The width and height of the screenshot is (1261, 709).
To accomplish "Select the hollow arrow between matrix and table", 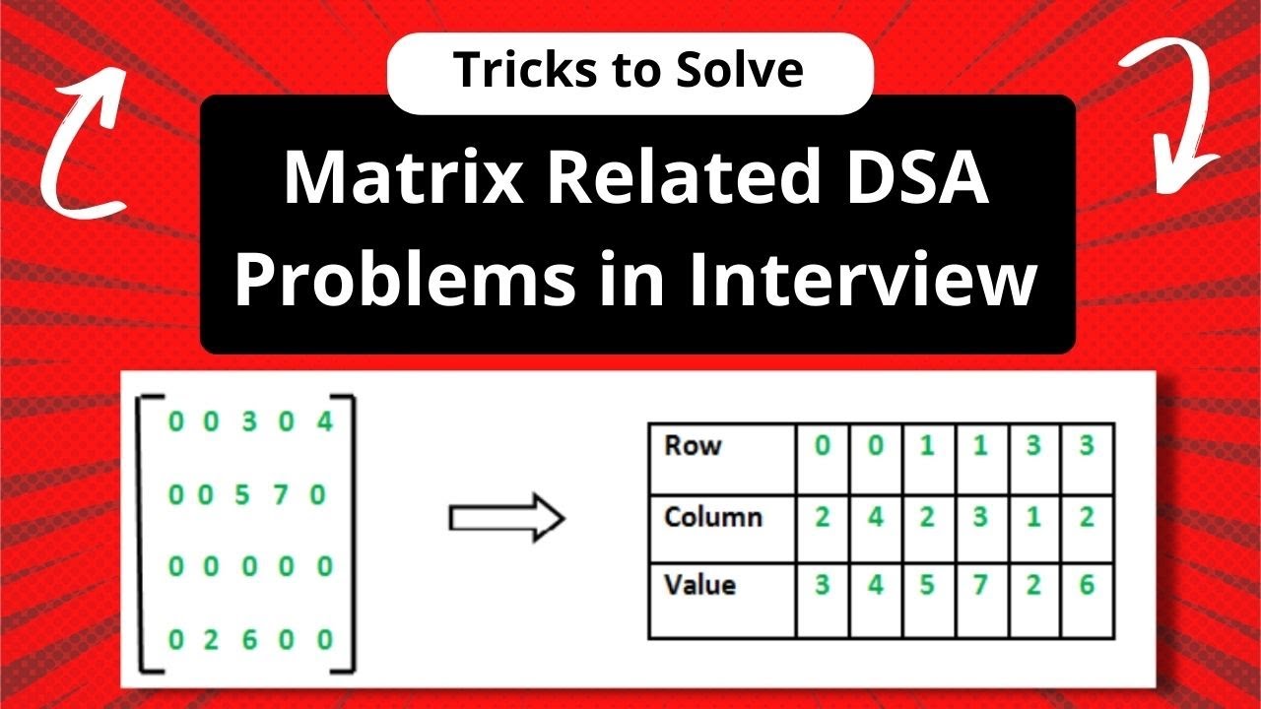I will coord(506,519).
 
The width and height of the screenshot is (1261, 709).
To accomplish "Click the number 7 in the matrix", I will coord(281,494).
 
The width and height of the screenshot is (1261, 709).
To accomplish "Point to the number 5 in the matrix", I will coord(243,494).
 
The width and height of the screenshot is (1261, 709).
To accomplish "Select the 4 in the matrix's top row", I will coord(326,422).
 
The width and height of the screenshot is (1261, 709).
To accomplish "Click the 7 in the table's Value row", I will coord(978,585).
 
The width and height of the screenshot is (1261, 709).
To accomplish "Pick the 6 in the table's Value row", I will coord(1087,585).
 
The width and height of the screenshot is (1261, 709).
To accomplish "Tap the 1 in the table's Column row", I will coord(1033,517).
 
